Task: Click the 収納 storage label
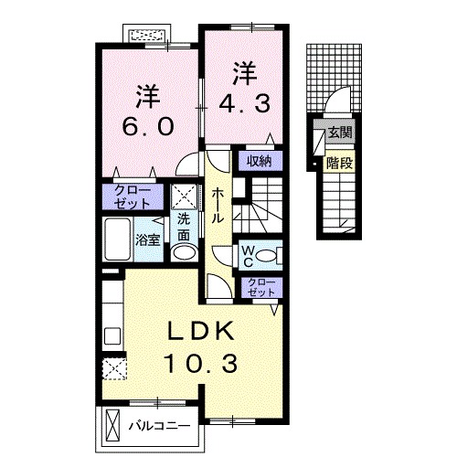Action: point(259,162)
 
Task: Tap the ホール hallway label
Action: point(218,207)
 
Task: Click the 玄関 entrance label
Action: point(340,133)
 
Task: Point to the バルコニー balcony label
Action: point(158,425)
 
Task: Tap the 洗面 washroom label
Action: point(184,225)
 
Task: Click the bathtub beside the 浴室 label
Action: point(119,240)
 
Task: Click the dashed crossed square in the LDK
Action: point(115,369)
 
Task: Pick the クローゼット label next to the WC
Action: point(260,287)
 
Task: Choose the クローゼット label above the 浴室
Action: point(131,197)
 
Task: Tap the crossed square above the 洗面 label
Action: point(184,196)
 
